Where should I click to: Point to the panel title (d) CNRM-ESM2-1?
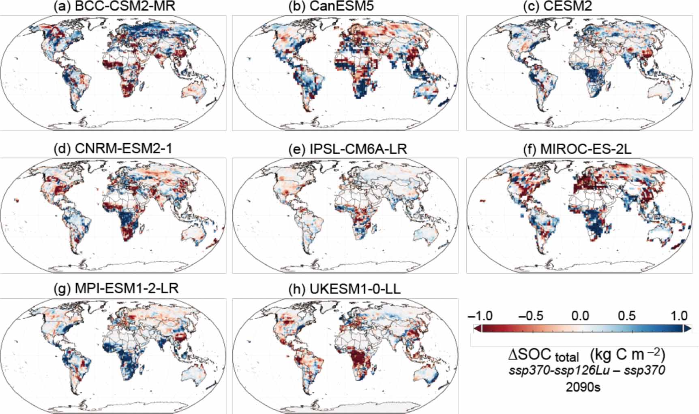tap(113, 149)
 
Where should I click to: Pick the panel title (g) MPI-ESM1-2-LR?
tap(116, 288)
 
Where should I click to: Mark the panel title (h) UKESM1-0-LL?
tap(344, 289)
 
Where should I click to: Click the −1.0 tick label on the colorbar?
tap(480, 315)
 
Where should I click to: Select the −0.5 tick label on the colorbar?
tap(531, 315)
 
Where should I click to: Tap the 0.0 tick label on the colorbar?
tap(580, 315)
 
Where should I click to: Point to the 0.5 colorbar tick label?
tap(626, 315)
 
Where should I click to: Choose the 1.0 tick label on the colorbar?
tap(679, 315)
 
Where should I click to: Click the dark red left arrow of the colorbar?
tap(477, 329)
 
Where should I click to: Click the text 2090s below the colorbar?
tap(583, 387)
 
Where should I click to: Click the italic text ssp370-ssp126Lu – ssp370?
tap(587, 370)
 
